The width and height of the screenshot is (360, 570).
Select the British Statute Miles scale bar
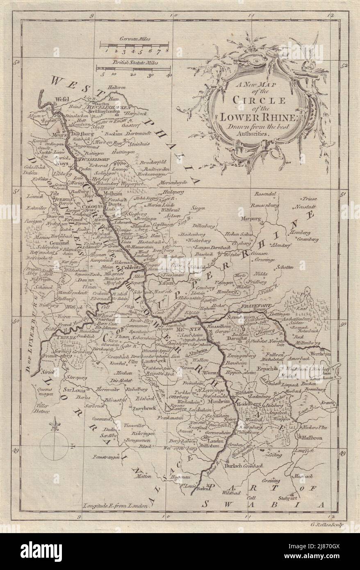click(x=128, y=69)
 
